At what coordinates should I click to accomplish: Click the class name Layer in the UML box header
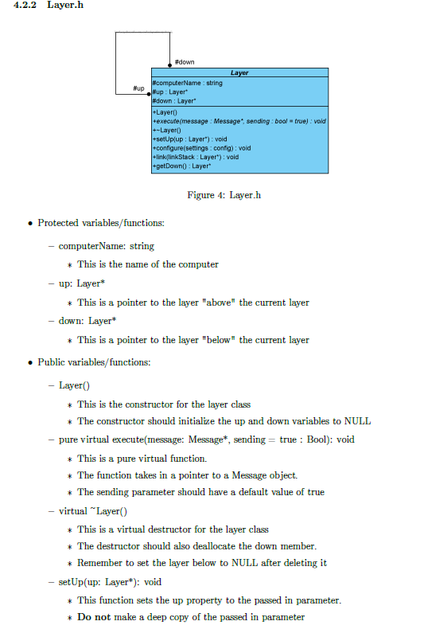point(239,72)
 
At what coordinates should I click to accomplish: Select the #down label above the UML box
point(184,62)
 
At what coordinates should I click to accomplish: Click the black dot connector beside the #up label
point(150,92)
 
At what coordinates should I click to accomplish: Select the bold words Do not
point(93,616)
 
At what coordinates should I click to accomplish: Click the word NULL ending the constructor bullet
point(357,421)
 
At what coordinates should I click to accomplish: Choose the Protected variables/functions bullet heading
point(101,223)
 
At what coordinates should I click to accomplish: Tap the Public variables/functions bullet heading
point(94,362)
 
